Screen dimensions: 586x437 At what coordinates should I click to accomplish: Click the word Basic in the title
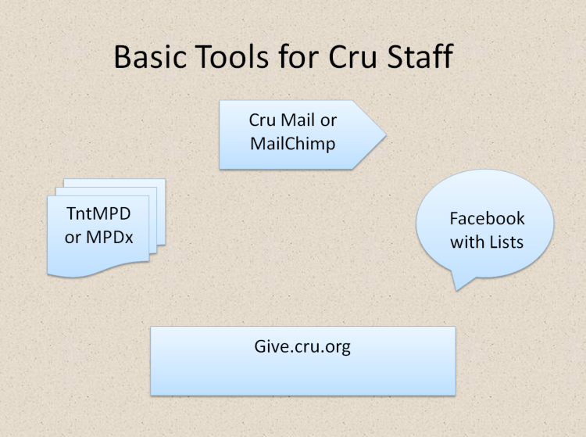coord(150,56)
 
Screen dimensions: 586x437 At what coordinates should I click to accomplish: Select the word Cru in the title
coord(352,56)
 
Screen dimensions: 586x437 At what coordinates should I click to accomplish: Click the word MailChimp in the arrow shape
coord(293,144)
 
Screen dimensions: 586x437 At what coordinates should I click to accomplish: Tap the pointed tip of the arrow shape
coord(386,134)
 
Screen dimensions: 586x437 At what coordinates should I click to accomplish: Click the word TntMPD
coord(98,214)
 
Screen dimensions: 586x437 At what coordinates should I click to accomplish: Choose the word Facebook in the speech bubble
coord(487,219)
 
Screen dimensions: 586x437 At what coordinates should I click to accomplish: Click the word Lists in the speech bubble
coord(506,242)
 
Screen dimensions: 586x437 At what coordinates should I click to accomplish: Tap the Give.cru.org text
coord(302,347)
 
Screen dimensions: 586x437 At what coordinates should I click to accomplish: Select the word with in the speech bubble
coord(466,242)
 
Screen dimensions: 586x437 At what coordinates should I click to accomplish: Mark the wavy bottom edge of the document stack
coord(98,270)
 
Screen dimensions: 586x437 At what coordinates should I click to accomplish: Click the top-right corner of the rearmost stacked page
coord(165,179)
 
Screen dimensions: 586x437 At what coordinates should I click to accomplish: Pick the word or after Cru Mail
coord(328,121)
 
